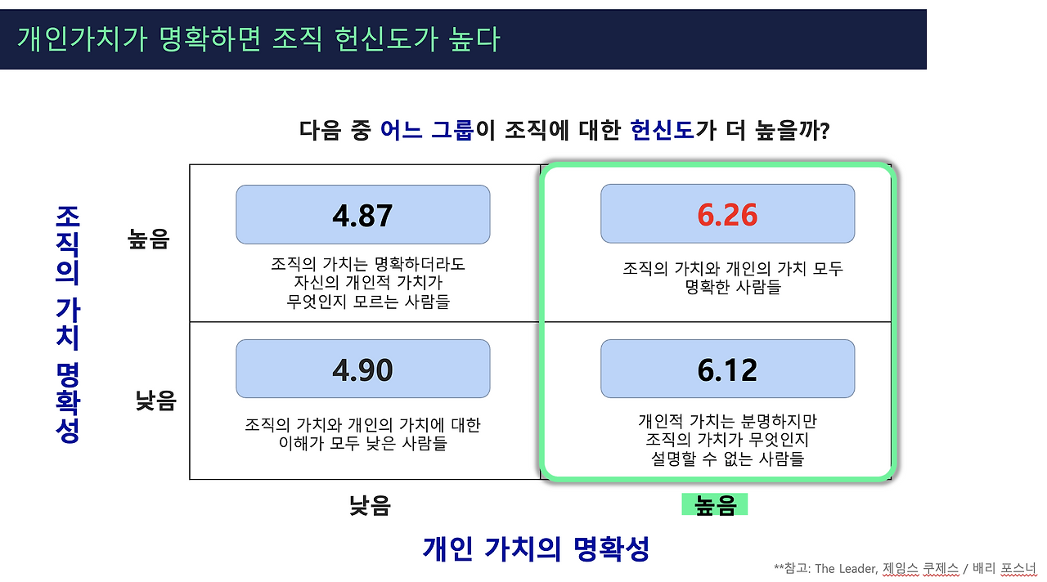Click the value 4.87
pos(362,215)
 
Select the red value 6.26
pos(727,215)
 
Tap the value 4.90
pos(362,370)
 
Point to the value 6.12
pos(727,370)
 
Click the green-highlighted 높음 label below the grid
pos(715,506)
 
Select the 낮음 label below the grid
pos(370,506)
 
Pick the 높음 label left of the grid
pos(148,239)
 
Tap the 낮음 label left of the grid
pos(155,401)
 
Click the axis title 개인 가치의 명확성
pos(536,548)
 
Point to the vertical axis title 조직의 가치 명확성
pos(68,324)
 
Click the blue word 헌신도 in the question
pos(663,130)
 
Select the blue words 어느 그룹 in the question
pos(427,130)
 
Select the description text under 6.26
pos(733,278)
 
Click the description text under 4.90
pos(362,435)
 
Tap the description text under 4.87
pos(368,284)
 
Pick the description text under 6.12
pos(727,440)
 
